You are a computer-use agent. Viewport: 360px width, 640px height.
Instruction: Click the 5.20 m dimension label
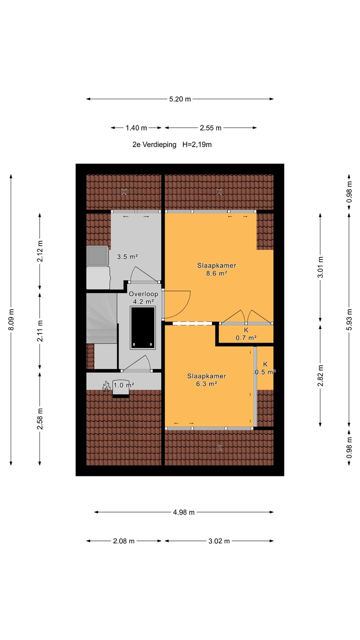pos(180,99)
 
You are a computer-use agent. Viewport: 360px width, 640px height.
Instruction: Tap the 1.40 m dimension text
pos(136,128)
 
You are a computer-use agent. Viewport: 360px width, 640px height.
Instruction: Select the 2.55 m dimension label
pos(211,128)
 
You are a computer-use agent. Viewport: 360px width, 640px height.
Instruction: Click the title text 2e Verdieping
pos(154,144)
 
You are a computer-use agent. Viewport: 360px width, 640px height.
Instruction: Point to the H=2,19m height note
pos(197,144)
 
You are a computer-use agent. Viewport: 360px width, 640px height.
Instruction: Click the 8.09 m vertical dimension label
pos(11,320)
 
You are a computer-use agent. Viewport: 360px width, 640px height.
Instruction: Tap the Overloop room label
pos(144,294)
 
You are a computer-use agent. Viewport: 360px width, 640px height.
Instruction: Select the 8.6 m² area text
pos(216,273)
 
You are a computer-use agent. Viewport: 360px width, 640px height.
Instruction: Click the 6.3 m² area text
pos(207,384)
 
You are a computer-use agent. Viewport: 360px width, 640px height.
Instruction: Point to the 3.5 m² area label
pos(128,256)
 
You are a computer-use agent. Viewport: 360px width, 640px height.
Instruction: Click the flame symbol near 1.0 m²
pos(106,386)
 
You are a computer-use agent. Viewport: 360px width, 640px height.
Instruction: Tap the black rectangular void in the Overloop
pos(143,328)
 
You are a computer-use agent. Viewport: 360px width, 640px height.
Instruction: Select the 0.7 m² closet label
pos(246,338)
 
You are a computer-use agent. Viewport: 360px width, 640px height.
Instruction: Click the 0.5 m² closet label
pos(265,372)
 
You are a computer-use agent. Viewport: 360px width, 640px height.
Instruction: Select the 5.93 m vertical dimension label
pos(349,320)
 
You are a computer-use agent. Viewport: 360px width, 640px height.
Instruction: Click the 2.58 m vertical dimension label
pos(40,419)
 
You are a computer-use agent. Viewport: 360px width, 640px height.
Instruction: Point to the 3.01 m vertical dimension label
pos(320,267)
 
